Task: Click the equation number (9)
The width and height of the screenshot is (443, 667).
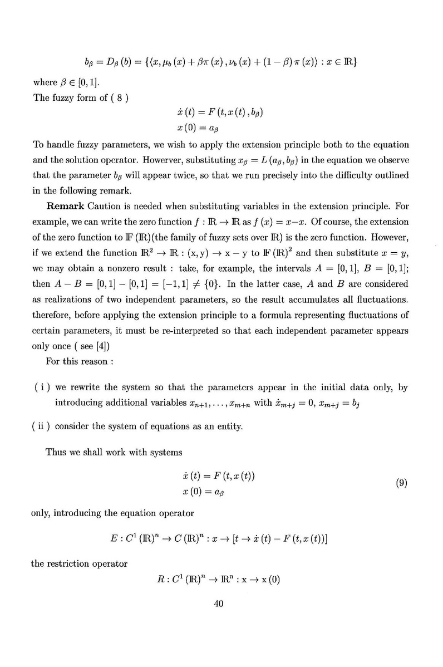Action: point(401,483)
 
